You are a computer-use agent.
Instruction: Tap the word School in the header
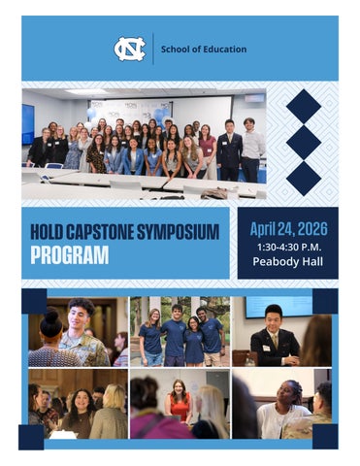pyautogui.click(x=176, y=50)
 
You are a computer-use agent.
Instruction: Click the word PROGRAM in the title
pyautogui.click(x=69, y=255)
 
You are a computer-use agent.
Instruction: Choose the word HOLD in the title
pyautogui.click(x=43, y=233)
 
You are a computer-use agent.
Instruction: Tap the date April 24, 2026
pyautogui.click(x=288, y=229)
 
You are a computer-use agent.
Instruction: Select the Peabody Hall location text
pyautogui.click(x=287, y=262)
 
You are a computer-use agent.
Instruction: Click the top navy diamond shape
pyautogui.click(x=303, y=106)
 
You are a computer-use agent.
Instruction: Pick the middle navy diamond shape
pyautogui.click(x=303, y=142)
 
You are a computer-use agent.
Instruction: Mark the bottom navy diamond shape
pyautogui.click(x=303, y=177)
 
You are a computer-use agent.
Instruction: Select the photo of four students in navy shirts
pyautogui.click(x=180, y=330)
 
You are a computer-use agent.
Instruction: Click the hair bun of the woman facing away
pyautogui.click(x=50, y=316)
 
